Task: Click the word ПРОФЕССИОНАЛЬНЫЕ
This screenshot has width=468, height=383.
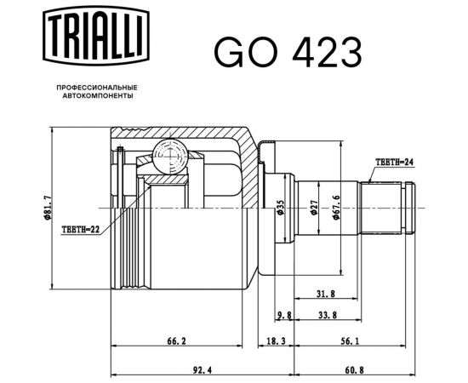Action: (x=96, y=88)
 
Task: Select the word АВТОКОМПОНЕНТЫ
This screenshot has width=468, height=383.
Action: (x=96, y=97)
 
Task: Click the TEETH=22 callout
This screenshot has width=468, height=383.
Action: (x=81, y=229)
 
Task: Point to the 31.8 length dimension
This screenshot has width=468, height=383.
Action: (x=324, y=294)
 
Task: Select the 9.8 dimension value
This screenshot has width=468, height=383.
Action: (x=284, y=315)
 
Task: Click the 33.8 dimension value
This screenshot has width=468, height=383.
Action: (x=324, y=315)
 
